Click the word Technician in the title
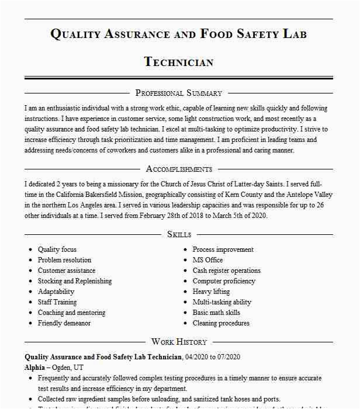click(178, 62)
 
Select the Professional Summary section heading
click(178, 93)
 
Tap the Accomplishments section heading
click(179, 169)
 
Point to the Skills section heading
click(179, 234)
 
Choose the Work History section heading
click(179, 342)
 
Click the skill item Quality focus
click(57, 249)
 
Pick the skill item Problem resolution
click(64, 260)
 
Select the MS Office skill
click(207, 260)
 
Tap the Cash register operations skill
click(226, 271)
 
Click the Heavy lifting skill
click(211, 292)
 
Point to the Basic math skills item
click(216, 313)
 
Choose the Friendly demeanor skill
click(64, 323)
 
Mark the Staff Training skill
click(57, 302)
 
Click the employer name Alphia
click(34, 368)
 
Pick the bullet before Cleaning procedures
click(185, 323)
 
